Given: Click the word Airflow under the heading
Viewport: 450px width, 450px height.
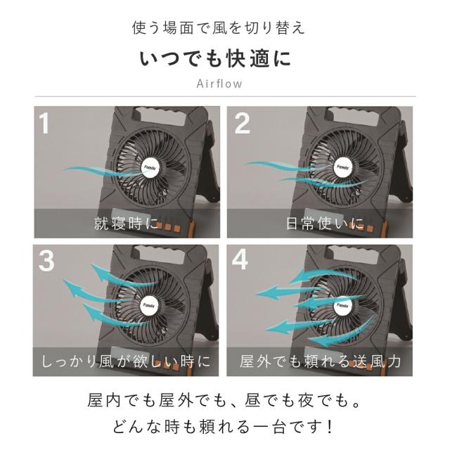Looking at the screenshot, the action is tap(219, 84).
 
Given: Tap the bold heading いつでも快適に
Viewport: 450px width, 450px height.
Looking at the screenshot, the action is tap(216, 59).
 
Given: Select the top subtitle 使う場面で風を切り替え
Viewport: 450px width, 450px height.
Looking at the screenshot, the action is tap(219, 28).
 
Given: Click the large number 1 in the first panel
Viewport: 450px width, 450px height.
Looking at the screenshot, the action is tap(44, 123).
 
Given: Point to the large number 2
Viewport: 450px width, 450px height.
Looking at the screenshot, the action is tap(242, 123).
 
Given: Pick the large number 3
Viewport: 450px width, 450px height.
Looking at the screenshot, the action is tap(46, 261).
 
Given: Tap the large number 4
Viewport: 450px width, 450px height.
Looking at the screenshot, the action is tap(240, 259).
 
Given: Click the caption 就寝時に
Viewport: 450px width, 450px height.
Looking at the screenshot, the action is tap(126, 224).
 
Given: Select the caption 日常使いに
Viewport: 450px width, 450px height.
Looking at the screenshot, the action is tap(325, 224).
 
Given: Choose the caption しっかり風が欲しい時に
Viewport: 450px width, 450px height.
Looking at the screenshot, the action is tap(126, 361).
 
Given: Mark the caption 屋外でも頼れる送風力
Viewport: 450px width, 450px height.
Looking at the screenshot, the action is tap(321, 361).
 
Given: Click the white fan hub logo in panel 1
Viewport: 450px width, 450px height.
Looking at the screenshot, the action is tap(150, 167).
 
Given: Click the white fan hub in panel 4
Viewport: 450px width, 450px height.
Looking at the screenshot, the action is tap(342, 305).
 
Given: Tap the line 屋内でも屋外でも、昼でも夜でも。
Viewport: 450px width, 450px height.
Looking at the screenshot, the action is tap(224, 400).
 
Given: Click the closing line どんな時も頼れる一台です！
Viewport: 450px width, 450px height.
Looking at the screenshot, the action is tap(223, 427).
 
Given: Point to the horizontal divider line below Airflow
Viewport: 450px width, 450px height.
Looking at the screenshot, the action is tap(225, 96).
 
